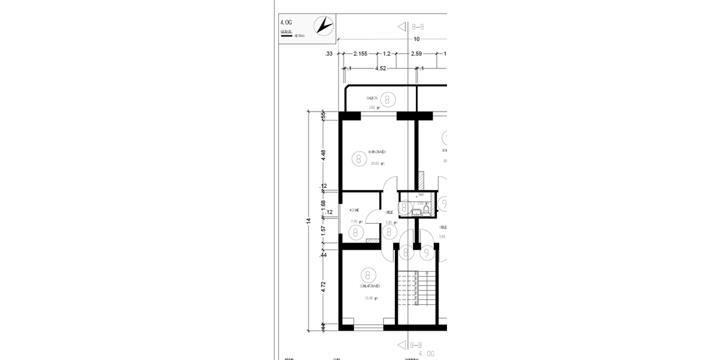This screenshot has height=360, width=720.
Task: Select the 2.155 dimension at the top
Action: (x=360, y=54)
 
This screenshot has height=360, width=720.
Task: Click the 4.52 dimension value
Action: (x=380, y=68)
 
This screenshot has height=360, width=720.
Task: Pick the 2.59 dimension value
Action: (x=416, y=54)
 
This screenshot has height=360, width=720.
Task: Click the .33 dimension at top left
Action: (x=328, y=54)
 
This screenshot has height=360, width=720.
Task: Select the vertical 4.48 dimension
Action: (x=323, y=154)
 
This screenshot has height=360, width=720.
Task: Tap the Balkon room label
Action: (x=371, y=98)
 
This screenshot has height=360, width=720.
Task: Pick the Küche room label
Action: (x=354, y=211)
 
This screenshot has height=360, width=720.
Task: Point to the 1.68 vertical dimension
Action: (x=323, y=207)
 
